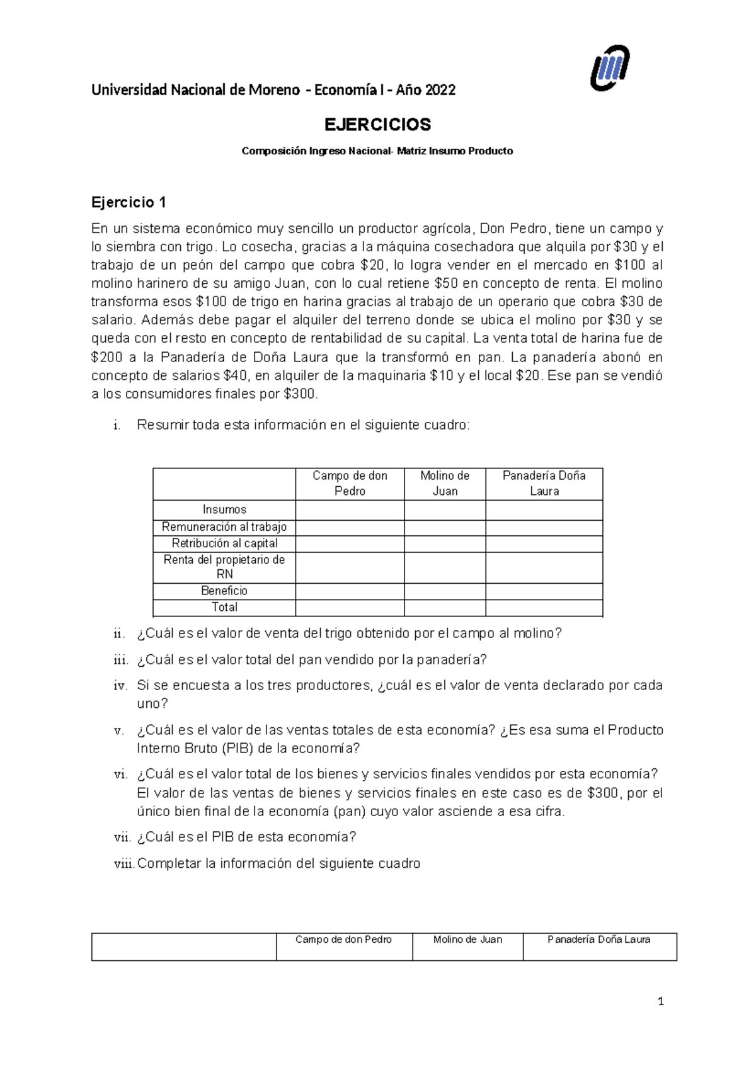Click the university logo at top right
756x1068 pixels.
609,69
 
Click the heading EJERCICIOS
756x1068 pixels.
377,125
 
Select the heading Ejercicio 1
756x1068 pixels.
129,202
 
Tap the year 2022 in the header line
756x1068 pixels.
440,90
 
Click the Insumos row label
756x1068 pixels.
224,509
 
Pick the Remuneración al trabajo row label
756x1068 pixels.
224,526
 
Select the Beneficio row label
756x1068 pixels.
224,591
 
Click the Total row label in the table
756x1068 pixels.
224,607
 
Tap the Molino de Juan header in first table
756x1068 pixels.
445,484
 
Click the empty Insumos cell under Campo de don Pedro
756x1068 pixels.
350,509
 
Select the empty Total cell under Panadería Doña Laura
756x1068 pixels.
544,608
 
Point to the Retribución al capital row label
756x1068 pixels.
224,543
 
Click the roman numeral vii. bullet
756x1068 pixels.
121,838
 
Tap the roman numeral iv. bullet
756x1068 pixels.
121,686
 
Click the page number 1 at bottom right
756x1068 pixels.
660,1002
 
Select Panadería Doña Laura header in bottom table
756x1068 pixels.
599,940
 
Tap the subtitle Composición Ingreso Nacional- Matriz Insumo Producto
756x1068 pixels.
377,151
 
